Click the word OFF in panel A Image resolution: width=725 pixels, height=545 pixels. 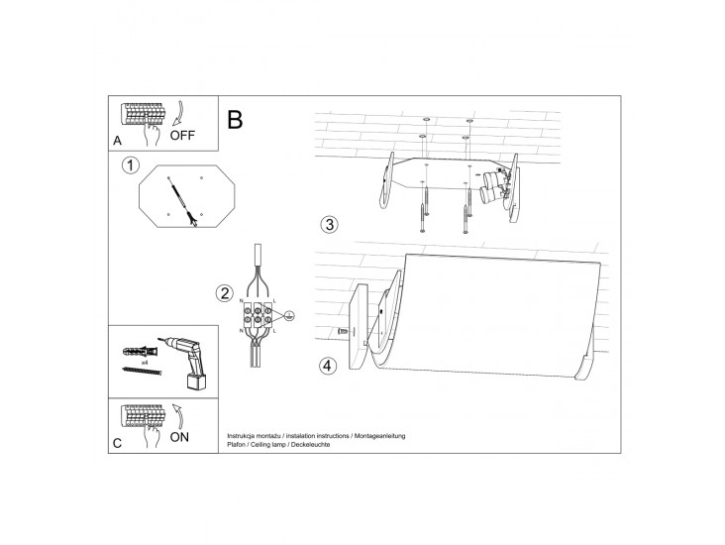click(182, 136)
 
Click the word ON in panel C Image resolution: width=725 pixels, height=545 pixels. click(179, 437)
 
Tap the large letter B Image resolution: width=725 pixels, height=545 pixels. click(235, 119)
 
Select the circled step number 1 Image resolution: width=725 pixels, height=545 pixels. click(131, 165)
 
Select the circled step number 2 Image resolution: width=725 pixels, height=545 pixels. click(225, 293)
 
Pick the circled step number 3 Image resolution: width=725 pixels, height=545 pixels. click(329, 224)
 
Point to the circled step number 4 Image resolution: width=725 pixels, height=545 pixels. click(328, 366)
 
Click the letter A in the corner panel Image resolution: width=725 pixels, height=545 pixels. click(118, 141)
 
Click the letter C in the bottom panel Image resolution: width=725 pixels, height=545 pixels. click(118, 443)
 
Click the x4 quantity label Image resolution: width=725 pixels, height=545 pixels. click(145, 363)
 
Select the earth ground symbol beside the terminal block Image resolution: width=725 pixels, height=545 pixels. click(289, 316)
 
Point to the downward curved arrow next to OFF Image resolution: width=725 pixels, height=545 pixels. click(178, 113)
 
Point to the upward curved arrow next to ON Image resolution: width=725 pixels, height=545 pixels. click(178, 415)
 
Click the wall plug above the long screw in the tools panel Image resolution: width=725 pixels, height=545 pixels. click(141, 351)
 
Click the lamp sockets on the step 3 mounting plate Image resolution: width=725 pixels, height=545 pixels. click(493, 186)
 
